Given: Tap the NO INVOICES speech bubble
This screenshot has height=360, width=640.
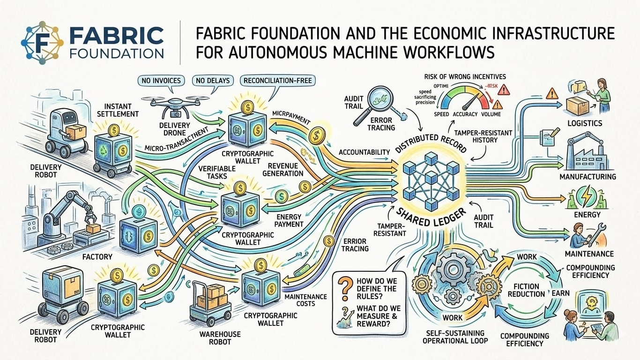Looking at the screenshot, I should tap(161, 81).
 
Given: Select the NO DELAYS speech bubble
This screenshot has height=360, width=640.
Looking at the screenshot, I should tap(213, 81).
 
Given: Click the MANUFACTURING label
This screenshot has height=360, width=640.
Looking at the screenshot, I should tap(588, 177).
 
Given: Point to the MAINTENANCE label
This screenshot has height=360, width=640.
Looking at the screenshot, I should tap(589, 254).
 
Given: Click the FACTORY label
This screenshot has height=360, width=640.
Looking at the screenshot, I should tap(97, 256).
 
